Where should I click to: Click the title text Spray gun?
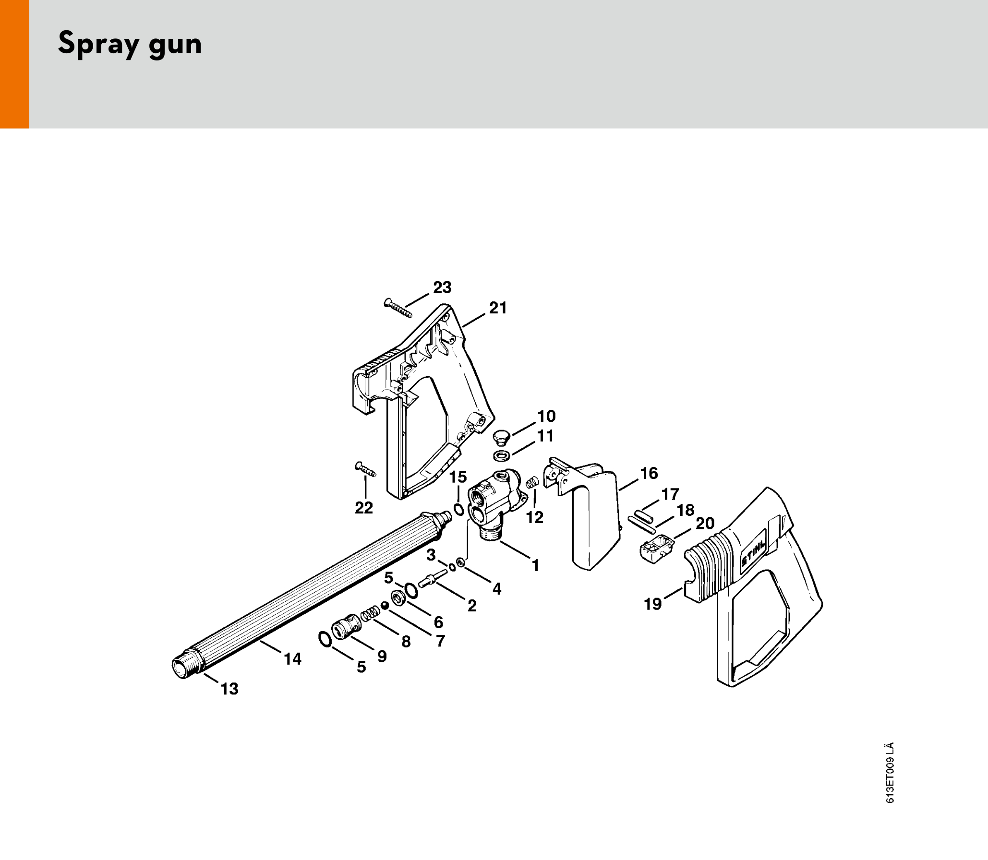pyautogui.click(x=130, y=44)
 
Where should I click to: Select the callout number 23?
pyautogui.click(x=442, y=287)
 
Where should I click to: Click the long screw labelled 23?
pyautogui.click(x=398, y=308)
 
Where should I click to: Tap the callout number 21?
pyautogui.click(x=498, y=308)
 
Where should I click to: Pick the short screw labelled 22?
pyautogui.click(x=365, y=469)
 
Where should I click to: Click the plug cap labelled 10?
pyautogui.click(x=502, y=437)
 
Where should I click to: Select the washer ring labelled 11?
pyautogui.click(x=502, y=455)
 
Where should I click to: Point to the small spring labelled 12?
pyautogui.click(x=532, y=482)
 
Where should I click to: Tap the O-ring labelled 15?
pyautogui.click(x=459, y=509)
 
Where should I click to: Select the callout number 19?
pyautogui.click(x=653, y=604)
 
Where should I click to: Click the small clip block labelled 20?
pyautogui.click(x=656, y=549)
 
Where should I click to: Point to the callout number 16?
pyautogui.click(x=649, y=473)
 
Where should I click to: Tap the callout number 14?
pyautogui.click(x=293, y=659)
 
